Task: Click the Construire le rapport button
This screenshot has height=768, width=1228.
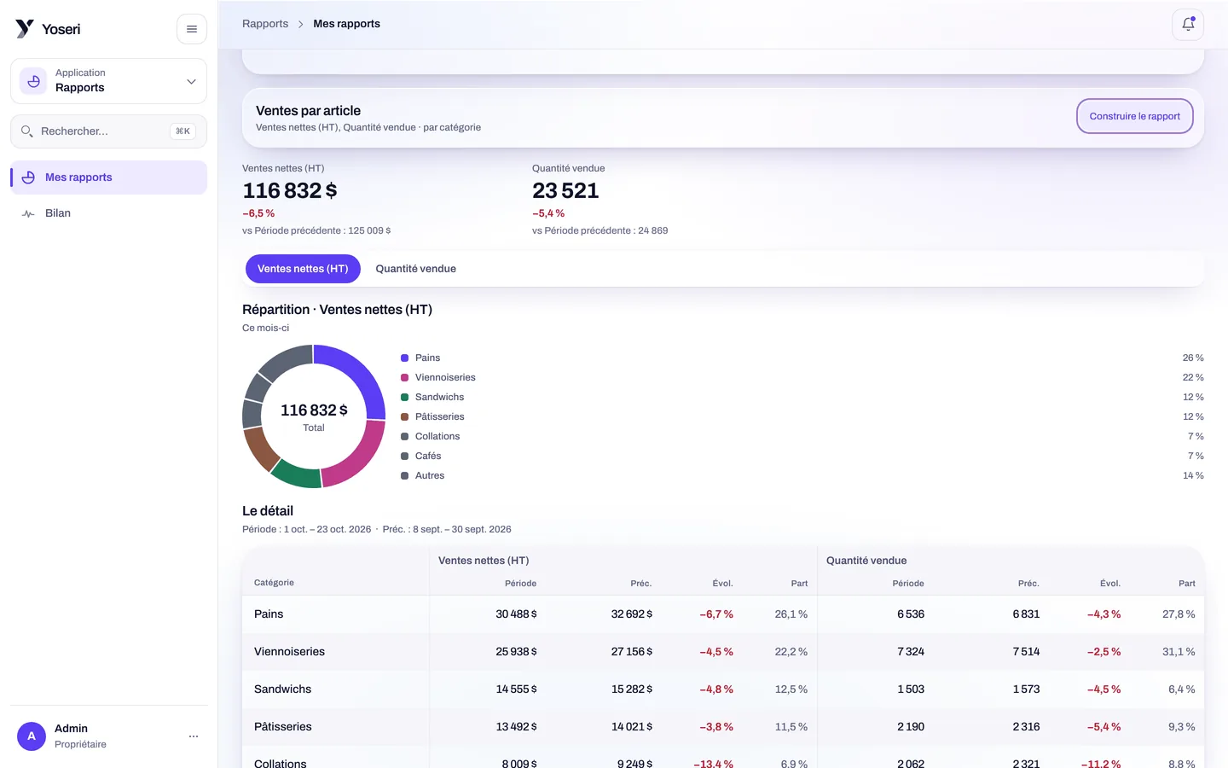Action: point(1134,116)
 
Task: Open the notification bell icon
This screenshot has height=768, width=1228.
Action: point(1188,24)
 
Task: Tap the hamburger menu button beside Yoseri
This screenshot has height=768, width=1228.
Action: point(191,29)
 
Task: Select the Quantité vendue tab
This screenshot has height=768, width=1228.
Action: point(415,269)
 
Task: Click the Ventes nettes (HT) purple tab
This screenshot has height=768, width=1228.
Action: point(303,269)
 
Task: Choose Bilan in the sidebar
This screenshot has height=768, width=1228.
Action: point(58,212)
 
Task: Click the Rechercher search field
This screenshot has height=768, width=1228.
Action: point(108,131)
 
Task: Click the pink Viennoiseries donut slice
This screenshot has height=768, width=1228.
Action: point(359,457)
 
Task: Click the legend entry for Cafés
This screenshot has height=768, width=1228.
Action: point(427,456)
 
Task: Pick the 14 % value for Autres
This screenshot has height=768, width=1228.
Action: point(1193,475)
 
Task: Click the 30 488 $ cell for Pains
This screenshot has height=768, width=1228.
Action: point(516,614)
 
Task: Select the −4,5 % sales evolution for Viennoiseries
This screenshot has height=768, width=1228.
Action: point(716,652)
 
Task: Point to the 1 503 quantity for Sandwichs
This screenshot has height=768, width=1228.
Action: point(911,689)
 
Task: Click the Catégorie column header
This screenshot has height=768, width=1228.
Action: point(274,583)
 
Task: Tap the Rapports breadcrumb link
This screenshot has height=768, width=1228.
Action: point(264,24)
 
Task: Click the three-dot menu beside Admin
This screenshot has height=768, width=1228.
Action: point(194,736)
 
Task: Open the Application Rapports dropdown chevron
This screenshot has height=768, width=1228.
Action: point(191,82)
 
